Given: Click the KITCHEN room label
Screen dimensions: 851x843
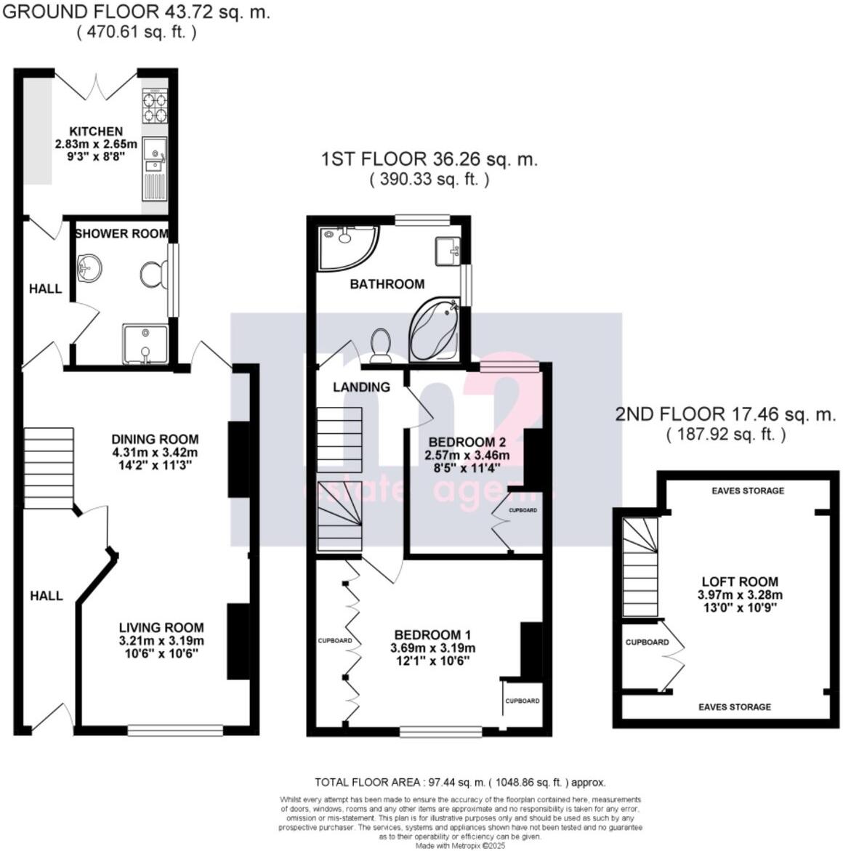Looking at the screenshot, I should [96, 132].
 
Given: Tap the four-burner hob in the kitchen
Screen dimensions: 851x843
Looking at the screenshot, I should [154, 106].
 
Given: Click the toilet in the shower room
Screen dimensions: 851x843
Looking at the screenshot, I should [152, 274].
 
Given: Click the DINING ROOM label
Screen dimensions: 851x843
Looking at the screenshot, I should [155, 439].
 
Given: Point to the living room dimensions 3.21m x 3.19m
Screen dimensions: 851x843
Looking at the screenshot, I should [161, 641].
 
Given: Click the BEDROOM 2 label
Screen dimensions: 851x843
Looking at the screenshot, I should [467, 442].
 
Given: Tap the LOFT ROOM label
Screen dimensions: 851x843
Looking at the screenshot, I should [740, 581].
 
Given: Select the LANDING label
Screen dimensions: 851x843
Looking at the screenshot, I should [361, 387].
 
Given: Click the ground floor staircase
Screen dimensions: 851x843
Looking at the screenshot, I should [49, 468].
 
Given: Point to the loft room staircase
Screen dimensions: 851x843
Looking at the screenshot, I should [640, 567].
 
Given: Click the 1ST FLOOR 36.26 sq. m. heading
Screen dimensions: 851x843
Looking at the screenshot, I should [429, 160].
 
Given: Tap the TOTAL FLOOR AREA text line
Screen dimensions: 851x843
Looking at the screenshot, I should [460, 783].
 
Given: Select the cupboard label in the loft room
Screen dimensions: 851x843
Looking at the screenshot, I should [647, 642].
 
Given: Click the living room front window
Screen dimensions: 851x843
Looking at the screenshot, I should [176, 730].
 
